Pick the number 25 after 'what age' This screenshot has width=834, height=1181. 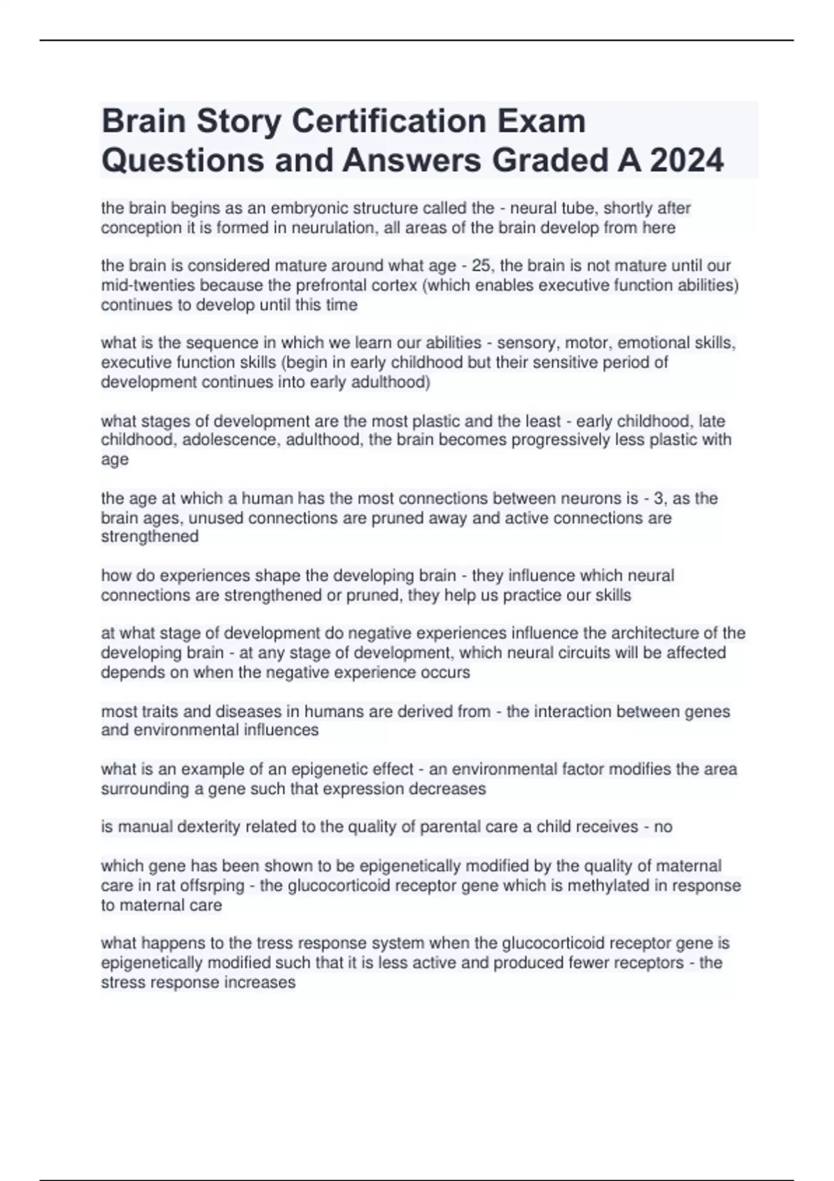tap(480, 265)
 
